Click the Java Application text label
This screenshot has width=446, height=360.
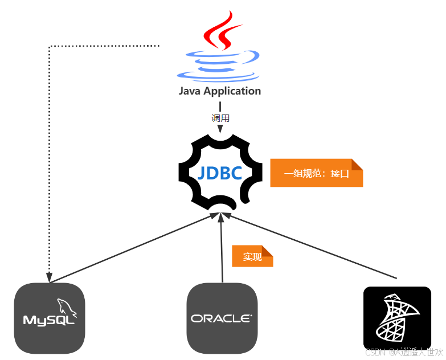(x=220, y=91)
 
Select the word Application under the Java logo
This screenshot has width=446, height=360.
(x=232, y=91)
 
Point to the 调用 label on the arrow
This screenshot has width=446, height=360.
(x=220, y=118)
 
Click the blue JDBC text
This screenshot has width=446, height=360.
(x=220, y=173)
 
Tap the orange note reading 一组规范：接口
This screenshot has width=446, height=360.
(x=316, y=173)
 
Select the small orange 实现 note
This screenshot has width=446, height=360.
(x=252, y=257)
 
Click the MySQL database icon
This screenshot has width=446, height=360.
(x=50, y=318)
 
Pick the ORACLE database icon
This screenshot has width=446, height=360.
(x=222, y=318)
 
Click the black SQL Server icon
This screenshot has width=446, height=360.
(x=397, y=318)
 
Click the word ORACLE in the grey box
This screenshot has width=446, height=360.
(x=222, y=318)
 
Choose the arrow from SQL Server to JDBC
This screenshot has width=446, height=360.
(x=310, y=246)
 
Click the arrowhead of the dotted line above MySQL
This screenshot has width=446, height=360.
(x=50, y=277)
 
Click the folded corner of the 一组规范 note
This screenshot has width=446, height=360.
(x=357, y=165)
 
